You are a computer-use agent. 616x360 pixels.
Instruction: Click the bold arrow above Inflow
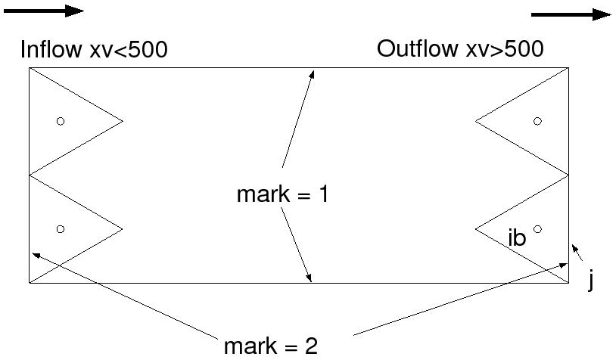pyautogui.click(x=42, y=11)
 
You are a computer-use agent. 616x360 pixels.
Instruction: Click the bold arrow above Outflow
pyautogui.click(x=571, y=14)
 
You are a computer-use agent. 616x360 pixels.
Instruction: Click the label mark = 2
pyautogui.click(x=271, y=346)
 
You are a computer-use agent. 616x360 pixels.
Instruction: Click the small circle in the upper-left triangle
pyautogui.click(x=61, y=121)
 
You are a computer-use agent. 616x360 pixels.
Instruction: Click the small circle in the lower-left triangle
pyautogui.click(x=61, y=228)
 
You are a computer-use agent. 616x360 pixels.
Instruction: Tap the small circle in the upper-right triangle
pyautogui.click(x=537, y=121)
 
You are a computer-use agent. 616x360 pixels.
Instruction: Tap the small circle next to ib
pyautogui.click(x=537, y=228)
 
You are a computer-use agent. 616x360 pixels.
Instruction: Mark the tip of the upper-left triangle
pyautogui.click(x=122, y=120)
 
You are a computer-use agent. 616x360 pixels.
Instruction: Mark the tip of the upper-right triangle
pyautogui.click(x=475, y=120)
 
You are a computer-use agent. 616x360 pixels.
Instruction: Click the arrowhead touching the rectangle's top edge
pyautogui.click(x=310, y=73)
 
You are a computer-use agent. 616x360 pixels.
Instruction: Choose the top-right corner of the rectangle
pyautogui.click(x=568, y=68)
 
